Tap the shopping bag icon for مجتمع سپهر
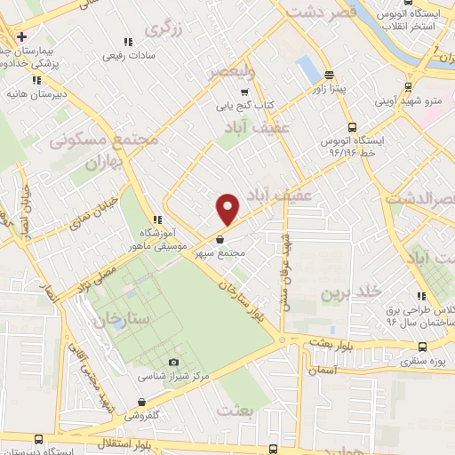220,238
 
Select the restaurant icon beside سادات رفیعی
127,41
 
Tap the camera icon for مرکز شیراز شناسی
173,362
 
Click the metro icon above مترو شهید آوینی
408,87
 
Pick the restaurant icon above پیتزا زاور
329,75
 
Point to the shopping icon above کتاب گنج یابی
244,91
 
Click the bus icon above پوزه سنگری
421,347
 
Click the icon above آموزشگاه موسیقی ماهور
156,220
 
